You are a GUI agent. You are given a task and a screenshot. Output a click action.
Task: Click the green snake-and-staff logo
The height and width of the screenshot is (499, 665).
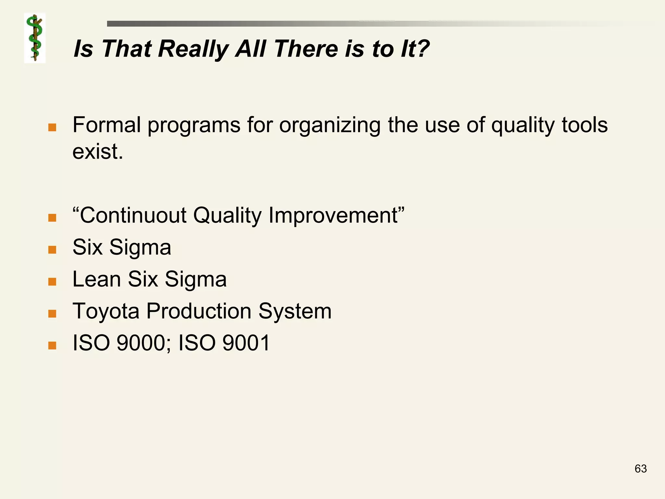pyautogui.click(x=35, y=38)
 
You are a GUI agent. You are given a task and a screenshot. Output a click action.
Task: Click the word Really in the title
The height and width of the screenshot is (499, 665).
pyautogui.click(x=194, y=49)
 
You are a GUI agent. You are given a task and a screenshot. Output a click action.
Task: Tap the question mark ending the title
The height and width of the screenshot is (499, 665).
pyautogui.click(x=422, y=49)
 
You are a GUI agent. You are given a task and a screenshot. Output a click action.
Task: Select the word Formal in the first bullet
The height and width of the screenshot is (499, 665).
pyautogui.click(x=107, y=125)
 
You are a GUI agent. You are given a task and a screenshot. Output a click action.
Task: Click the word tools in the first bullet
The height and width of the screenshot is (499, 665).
pyautogui.click(x=584, y=125)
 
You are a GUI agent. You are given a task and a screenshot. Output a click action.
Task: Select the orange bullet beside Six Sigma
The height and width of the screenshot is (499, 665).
pyautogui.click(x=52, y=249)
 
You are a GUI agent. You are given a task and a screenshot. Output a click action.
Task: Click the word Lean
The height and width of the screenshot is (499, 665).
pyautogui.click(x=96, y=279)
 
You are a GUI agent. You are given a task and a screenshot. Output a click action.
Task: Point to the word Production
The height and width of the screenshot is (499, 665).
pyautogui.click(x=199, y=311)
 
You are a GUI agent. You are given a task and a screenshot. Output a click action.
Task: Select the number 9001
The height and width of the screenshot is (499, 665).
pyautogui.click(x=246, y=343)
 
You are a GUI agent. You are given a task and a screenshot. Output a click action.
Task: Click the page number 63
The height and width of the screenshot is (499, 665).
pyautogui.click(x=640, y=468)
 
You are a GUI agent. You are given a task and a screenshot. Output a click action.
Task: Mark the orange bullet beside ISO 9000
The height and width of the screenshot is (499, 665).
pyautogui.click(x=52, y=345)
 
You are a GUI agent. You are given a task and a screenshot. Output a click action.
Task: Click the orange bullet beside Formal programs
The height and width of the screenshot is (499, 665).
pyautogui.click(x=52, y=127)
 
